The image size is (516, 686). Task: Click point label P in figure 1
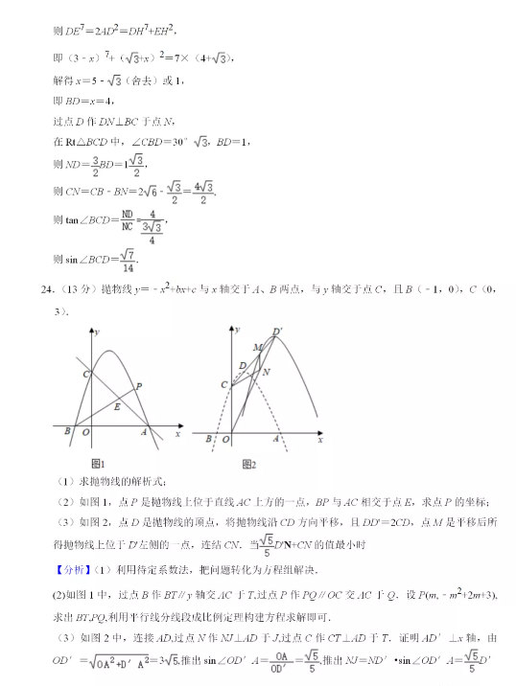[139, 385]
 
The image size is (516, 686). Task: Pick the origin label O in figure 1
[87, 432]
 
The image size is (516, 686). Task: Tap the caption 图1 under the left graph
[107, 464]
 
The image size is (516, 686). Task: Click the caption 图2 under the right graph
[248, 464]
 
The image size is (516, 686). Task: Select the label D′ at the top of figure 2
[278, 332]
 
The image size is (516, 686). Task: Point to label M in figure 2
[256, 346]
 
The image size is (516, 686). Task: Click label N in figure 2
[266, 371]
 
